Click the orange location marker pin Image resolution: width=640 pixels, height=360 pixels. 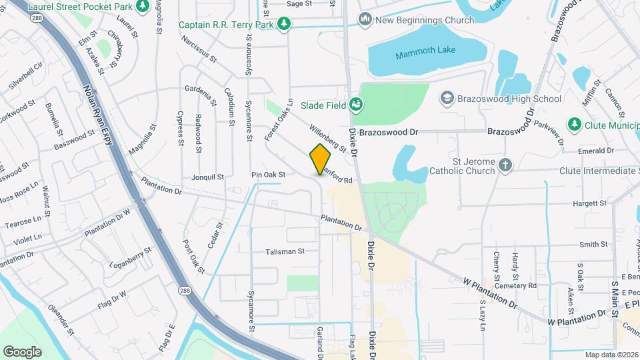321,158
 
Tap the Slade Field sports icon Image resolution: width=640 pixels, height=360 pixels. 356,103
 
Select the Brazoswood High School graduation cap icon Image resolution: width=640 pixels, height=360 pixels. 447,99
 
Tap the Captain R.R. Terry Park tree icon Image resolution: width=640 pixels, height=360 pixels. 285,24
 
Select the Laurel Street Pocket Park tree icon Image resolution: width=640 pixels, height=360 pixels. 142,6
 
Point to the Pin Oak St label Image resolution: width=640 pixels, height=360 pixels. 268,175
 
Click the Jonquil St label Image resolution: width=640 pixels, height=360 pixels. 207,177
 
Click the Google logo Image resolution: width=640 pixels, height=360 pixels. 22,351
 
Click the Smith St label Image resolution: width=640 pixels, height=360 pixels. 593,245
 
